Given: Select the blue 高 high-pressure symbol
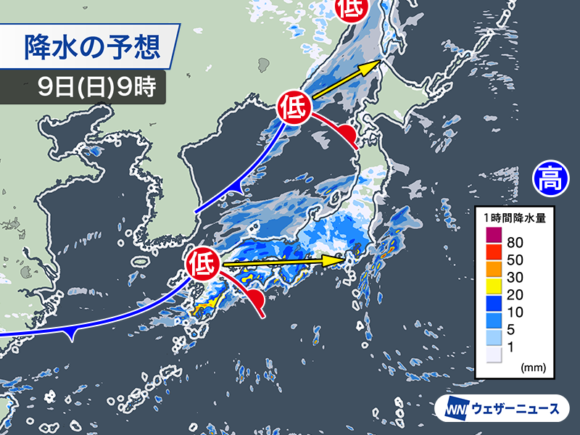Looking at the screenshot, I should tap(551, 178).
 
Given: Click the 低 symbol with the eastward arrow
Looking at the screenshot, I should tap(203, 264).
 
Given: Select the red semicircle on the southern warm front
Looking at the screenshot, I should tap(256, 301).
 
